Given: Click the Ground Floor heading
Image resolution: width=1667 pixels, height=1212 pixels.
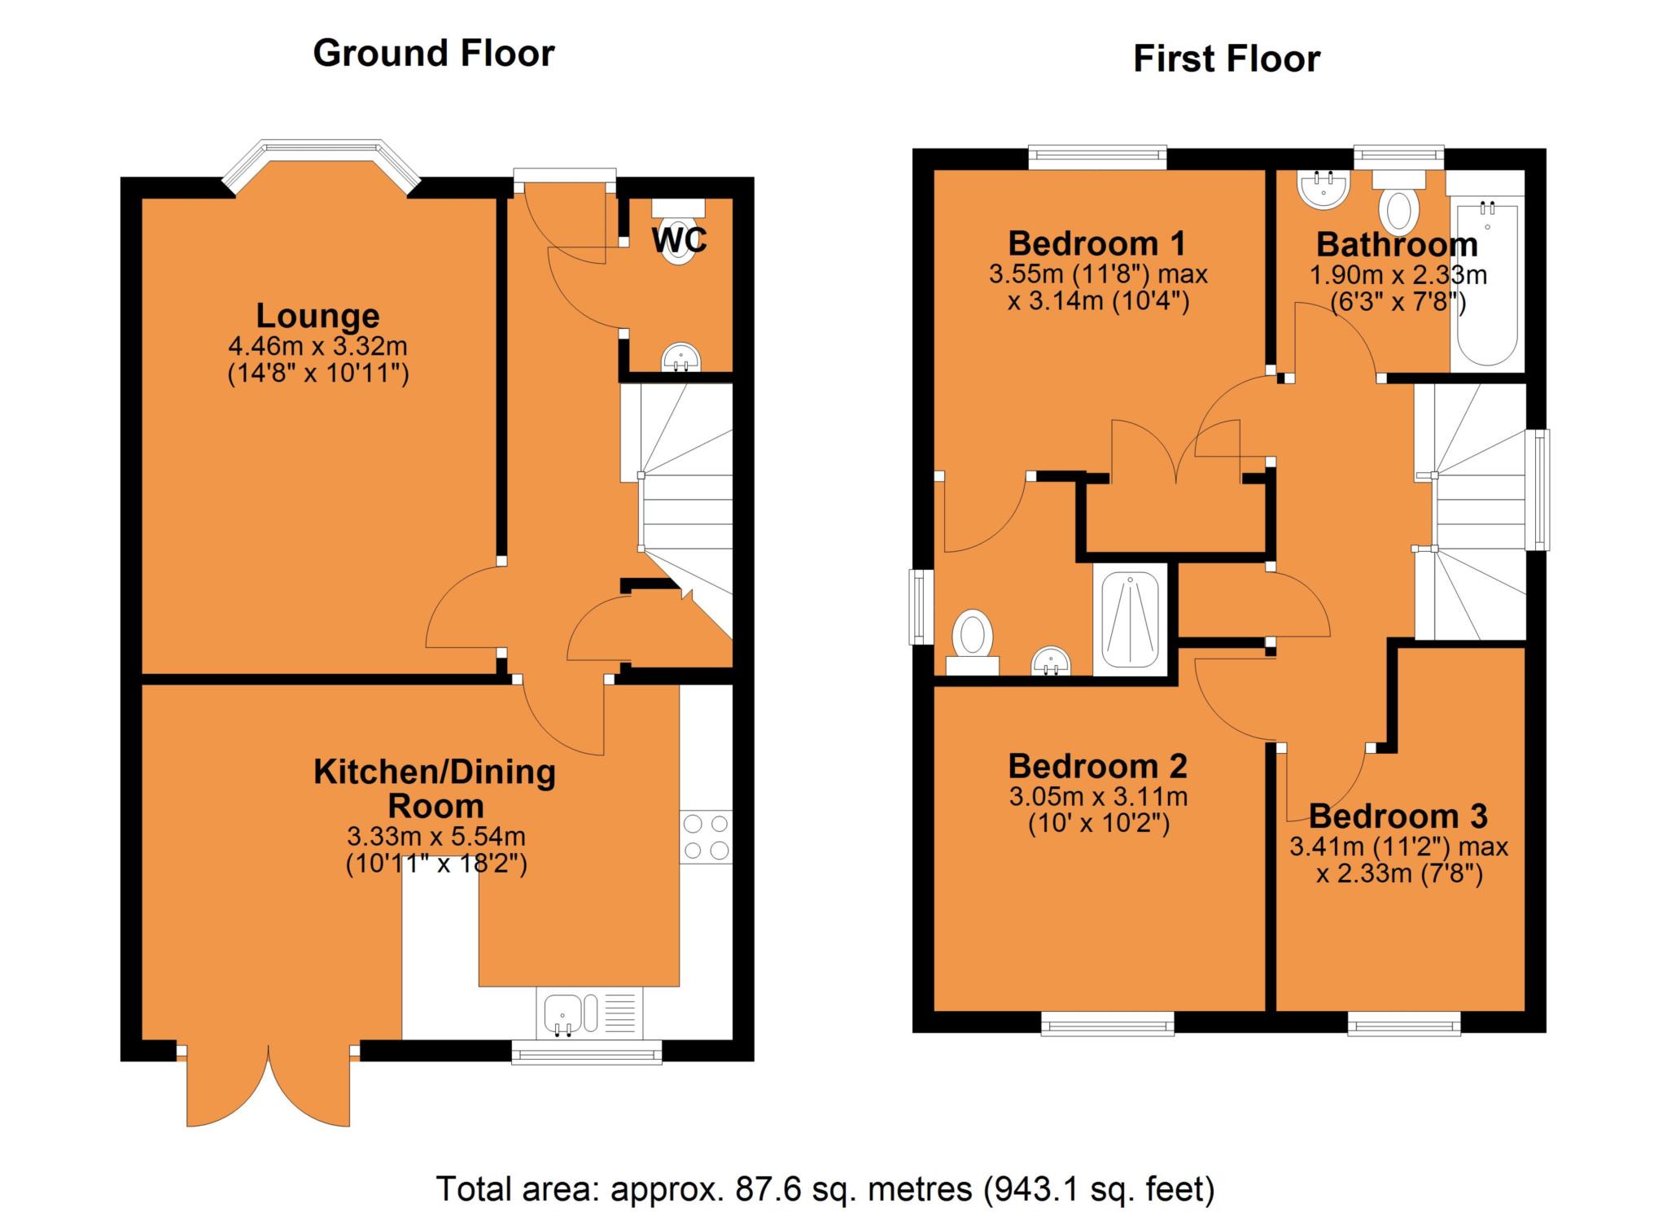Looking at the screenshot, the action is pyautogui.click(x=434, y=54).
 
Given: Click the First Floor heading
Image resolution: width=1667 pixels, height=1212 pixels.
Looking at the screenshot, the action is pyautogui.click(x=1227, y=59).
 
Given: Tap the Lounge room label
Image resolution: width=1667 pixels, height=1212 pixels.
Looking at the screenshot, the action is pyautogui.click(x=318, y=316).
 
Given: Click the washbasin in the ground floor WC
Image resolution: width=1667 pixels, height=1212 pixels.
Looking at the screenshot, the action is pyautogui.click(x=681, y=357).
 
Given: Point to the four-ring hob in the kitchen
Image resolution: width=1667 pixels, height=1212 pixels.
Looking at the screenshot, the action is pyautogui.click(x=706, y=837).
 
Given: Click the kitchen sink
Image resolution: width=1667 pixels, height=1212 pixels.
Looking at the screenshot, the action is pyautogui.click(x=589, y=1013).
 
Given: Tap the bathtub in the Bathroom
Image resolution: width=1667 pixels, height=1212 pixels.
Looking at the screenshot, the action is pyautogui.click(x=1487, y=284).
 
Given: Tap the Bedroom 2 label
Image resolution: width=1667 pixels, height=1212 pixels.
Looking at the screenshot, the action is pyautogui.click(x=1097, y=766).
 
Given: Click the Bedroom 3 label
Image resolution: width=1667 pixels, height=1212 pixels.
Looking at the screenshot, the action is pyautogui.click(x=1398, y=816).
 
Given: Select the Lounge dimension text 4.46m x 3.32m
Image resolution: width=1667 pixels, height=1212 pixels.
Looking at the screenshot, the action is pyautogui.click(x=318, y=347).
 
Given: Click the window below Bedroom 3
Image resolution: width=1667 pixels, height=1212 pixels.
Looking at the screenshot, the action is pyautogui.click(x=1404, y=1023).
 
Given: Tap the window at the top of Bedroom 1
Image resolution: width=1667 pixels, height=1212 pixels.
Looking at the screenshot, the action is pyautogui.click(x=1097, y=157).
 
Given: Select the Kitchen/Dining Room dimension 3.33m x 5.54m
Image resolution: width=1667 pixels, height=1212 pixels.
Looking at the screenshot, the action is pyautogui.click(x=436, y=836).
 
